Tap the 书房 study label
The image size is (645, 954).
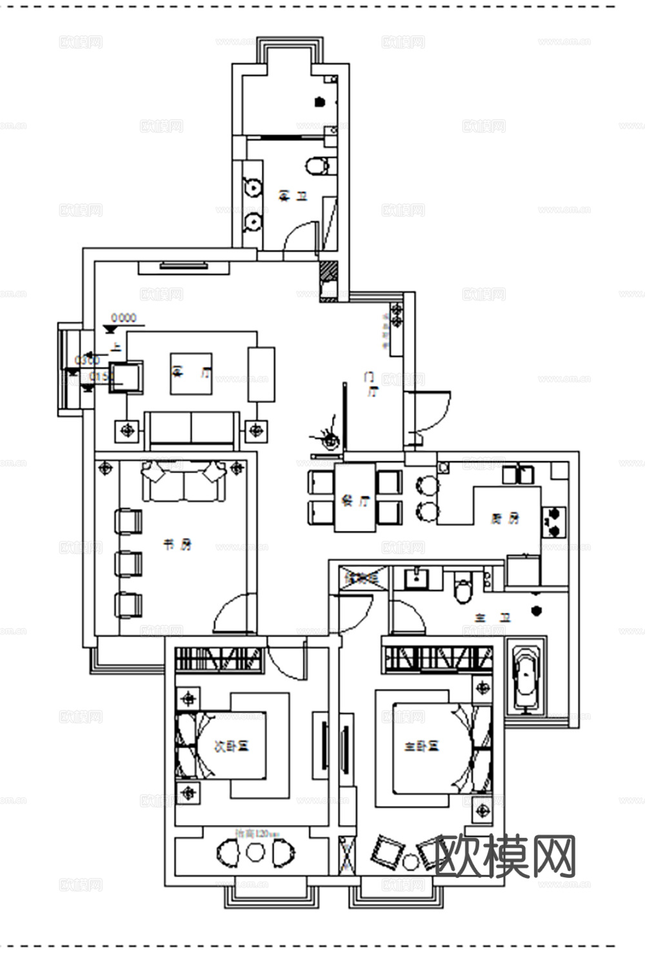(177, 545)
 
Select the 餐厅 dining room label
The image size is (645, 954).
(355, 501)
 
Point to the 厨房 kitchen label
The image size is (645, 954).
(504, 518)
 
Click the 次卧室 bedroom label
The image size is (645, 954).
(232, 746)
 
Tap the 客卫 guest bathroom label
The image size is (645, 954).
(293, 195)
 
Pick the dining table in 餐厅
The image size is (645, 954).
(355, 497)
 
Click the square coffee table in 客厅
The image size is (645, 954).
(191, 373)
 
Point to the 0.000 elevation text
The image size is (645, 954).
(124, 317)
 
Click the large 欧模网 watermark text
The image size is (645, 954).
(505, 856)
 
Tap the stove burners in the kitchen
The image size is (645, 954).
(554, 522)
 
